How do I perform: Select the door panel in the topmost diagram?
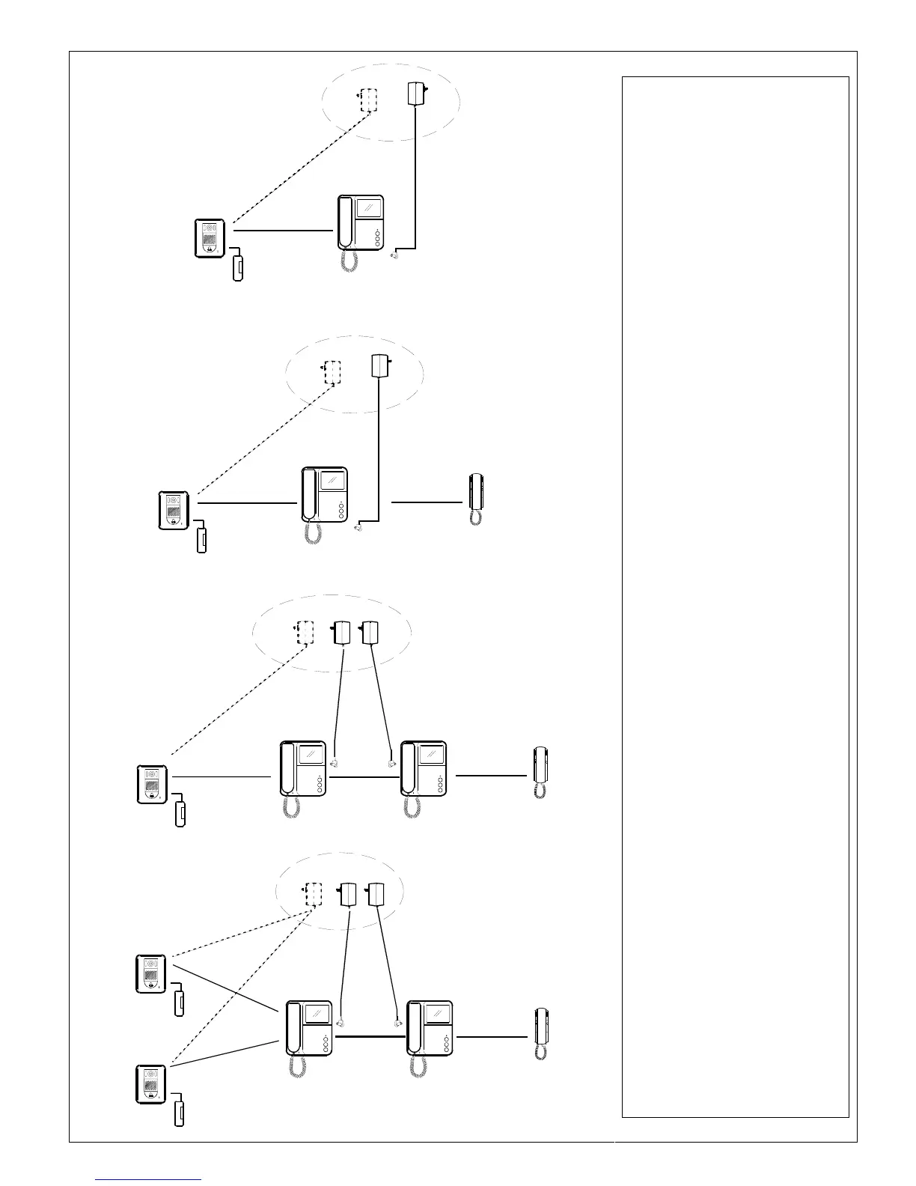(210, 236)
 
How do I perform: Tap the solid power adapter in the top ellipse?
(415, 94)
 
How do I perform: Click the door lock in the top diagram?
(238, 267)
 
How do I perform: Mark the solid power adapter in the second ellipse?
(381, 365)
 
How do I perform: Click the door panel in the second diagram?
(174, 510)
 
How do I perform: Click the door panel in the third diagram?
(152, 784)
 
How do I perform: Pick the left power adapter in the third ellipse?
(343, 633)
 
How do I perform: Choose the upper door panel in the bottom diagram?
(151, 973)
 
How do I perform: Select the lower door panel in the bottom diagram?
(151, 1084)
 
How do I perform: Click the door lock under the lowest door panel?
(180, 1112)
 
